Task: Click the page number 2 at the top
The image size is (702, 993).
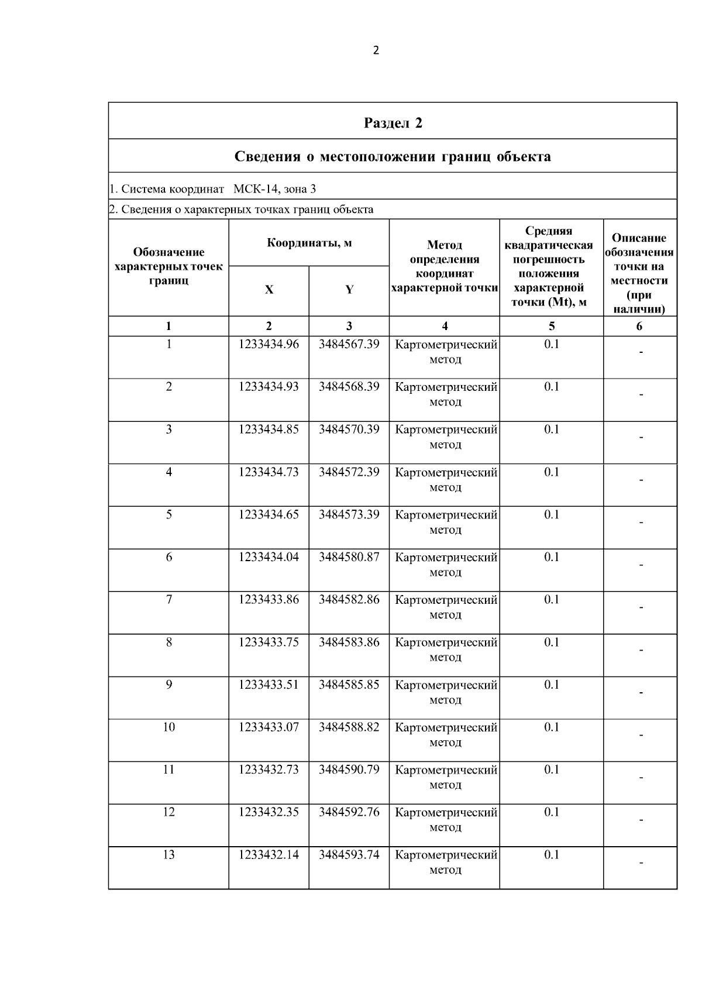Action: [x=376, y=50]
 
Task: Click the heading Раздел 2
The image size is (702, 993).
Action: [x=393, y=123]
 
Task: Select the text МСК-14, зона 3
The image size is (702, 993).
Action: [x=274, y=189]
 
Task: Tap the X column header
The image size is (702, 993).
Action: [x=269, y=290]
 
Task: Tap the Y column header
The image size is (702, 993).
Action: [x=349, y=290]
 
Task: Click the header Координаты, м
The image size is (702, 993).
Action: [x=309, y=243]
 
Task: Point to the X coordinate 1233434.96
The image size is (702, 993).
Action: [x=269, y=344]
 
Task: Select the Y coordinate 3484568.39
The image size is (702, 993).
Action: [x=349, y=387]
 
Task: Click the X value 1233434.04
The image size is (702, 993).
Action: [x=269, y=557]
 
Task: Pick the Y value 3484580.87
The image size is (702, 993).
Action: [x=349, y=557]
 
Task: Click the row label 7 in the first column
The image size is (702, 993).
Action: [x=168, y=600]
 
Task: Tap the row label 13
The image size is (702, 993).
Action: [x=168, y=855]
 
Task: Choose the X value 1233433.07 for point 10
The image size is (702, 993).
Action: [x=269, y=727]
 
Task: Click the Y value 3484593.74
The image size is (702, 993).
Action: [x=349, y=855]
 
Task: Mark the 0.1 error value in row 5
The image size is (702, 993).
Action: [x=552, y=514]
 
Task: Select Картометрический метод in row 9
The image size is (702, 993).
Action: [x=446, y=692]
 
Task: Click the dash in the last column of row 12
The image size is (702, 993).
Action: [x=641, y=820]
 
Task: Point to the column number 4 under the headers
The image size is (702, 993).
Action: [x=445, y=327]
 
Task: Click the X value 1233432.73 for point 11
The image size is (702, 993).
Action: [x=269, y=769]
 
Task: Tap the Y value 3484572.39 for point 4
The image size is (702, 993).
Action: [x=349, y=472]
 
